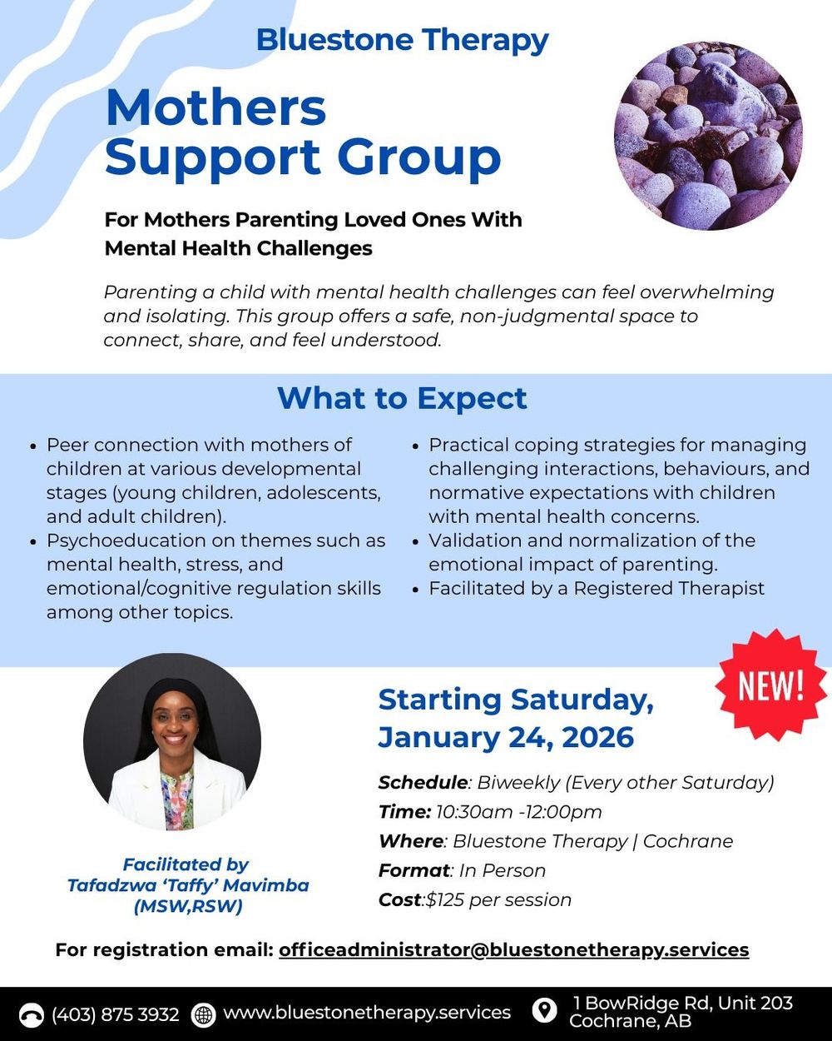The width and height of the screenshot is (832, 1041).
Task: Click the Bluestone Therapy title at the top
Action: coord(402,40)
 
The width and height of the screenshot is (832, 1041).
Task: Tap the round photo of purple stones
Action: coord(708,136)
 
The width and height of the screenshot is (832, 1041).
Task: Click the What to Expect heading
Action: coord(402,398)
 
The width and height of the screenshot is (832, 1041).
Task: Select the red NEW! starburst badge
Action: coord(770,685)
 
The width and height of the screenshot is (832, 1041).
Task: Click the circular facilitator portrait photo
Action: coord(172,742)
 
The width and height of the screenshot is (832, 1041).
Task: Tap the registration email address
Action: coord(513,949)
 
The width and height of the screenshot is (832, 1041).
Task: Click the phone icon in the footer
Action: coord(32,1014)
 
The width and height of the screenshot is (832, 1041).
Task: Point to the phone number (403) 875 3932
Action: coord(115,1014)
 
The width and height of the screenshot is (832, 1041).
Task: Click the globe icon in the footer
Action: coord(203,1014)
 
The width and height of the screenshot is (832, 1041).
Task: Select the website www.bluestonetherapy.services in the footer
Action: coord(367,1013)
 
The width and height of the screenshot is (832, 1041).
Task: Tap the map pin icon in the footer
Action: coord(544,1011)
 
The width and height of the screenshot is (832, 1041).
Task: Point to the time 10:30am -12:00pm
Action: coord(518,812)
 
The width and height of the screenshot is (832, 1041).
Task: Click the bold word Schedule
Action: coord(423,783)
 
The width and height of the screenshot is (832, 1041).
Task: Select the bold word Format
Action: coord(414,870)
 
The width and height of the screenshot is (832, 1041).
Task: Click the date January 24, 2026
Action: coord(506,737)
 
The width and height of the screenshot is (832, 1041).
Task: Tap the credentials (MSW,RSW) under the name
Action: coord(188,907)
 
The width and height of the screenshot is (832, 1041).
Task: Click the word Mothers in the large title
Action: coord(216,108)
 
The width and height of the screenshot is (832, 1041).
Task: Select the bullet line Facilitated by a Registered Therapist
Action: coord(596,588)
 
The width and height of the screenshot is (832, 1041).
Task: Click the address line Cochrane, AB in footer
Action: coord(630,1021)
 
